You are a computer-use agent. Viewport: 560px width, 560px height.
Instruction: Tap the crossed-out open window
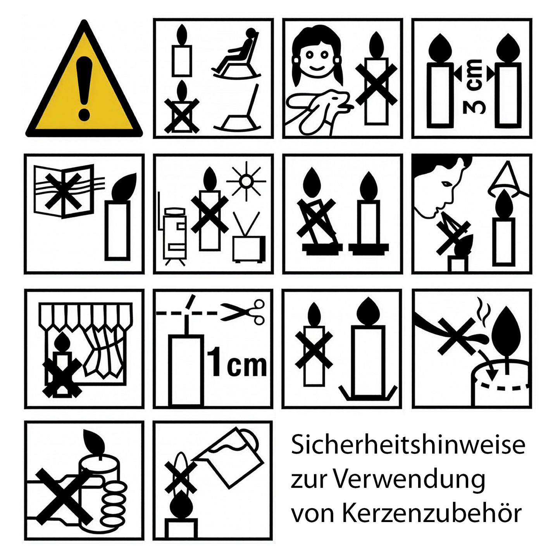[64, 190]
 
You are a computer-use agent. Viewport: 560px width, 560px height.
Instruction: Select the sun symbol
[246, 181]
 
